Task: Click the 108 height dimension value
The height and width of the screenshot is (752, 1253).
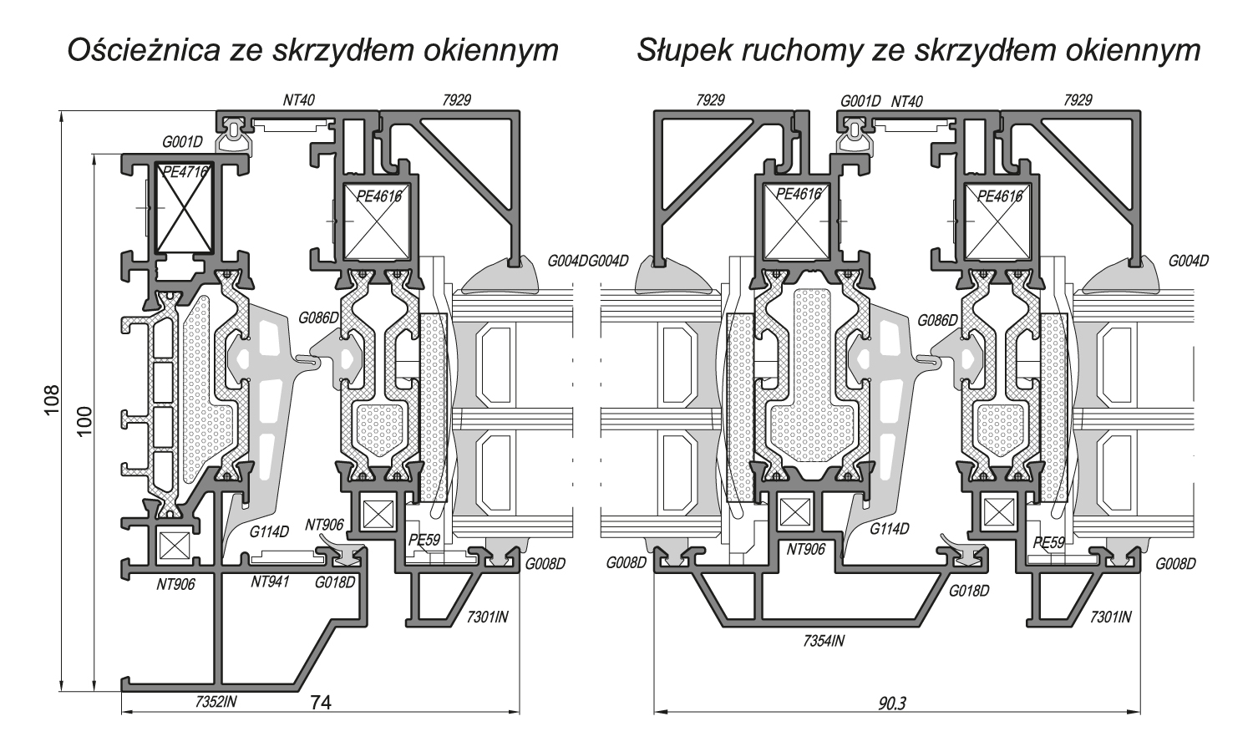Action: click(x=52, y=401)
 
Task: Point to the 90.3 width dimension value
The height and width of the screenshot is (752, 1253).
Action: click(x=892, y=704)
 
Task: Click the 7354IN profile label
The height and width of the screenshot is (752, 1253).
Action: click(x=824, y=641)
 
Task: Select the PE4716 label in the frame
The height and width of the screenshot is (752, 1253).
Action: click(x=185, y=173)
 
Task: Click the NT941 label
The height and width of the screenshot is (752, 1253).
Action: click(x=270, y=581)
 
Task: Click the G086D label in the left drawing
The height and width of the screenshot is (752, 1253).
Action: click(x=318, y=318)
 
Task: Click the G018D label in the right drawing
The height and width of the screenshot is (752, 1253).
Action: click(x=969, y=590)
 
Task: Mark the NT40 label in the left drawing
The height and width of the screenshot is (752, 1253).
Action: click(x=298, y=100)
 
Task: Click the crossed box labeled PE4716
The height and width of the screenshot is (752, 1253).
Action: click(x=185, y=209)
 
